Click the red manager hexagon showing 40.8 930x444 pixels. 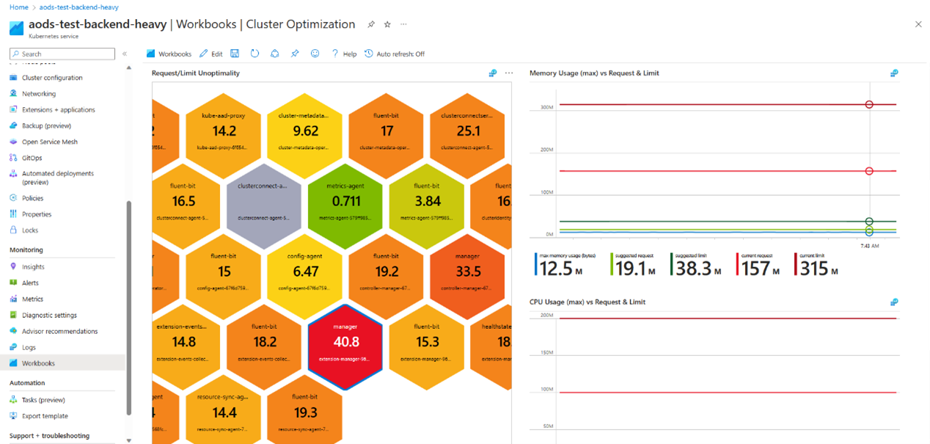click(345, 342)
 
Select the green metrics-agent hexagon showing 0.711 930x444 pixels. click(346, 201)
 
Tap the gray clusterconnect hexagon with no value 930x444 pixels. click(264, 201)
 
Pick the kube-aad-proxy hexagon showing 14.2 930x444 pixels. click(224, 131)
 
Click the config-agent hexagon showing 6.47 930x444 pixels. click(305, 272)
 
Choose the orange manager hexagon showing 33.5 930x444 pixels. click(468, 272)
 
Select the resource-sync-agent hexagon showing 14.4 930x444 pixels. click(224, 412)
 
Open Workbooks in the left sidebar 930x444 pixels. click(38, 363)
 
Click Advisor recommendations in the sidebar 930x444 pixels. click(59, 331)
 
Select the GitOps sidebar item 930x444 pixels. click(32, 158)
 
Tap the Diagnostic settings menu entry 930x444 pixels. click(49, 315)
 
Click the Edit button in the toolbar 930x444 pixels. click(211, 54)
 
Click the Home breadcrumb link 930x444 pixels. click(19, 7)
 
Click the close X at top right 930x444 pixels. click(918, 24)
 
